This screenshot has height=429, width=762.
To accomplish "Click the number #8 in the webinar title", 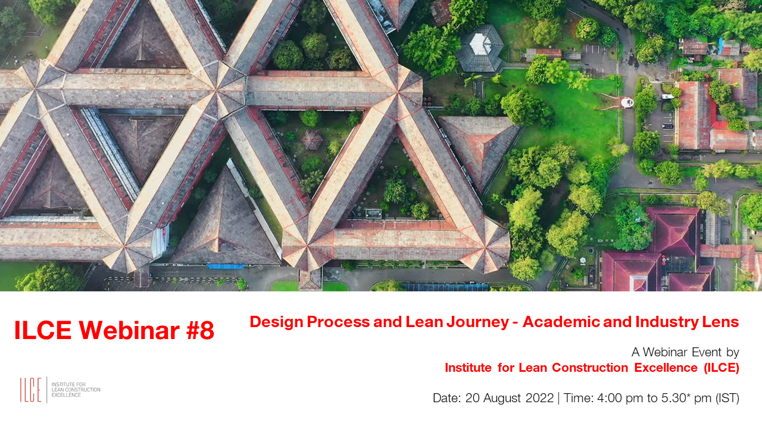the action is (201, 330).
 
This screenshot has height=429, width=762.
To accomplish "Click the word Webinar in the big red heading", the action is (129, 330).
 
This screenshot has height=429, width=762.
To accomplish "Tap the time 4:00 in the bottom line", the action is (610, 397).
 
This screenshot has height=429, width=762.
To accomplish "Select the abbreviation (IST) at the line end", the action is (727, 398).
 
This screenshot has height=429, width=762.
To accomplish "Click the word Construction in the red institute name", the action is (590, 368).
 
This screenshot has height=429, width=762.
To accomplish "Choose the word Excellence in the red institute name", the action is (666, 368).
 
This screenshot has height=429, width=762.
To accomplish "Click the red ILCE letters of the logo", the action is (30, 390).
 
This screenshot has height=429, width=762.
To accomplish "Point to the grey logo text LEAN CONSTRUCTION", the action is (76, 390).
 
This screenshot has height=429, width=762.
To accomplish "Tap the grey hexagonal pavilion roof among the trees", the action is (480, 48).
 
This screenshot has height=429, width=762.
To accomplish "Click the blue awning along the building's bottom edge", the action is (225, 266).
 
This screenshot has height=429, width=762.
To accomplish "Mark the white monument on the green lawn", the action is (627, 102).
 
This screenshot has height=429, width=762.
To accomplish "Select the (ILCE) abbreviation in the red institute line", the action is (721, 368).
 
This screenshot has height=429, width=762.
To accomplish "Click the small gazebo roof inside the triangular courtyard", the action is (312, 139).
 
